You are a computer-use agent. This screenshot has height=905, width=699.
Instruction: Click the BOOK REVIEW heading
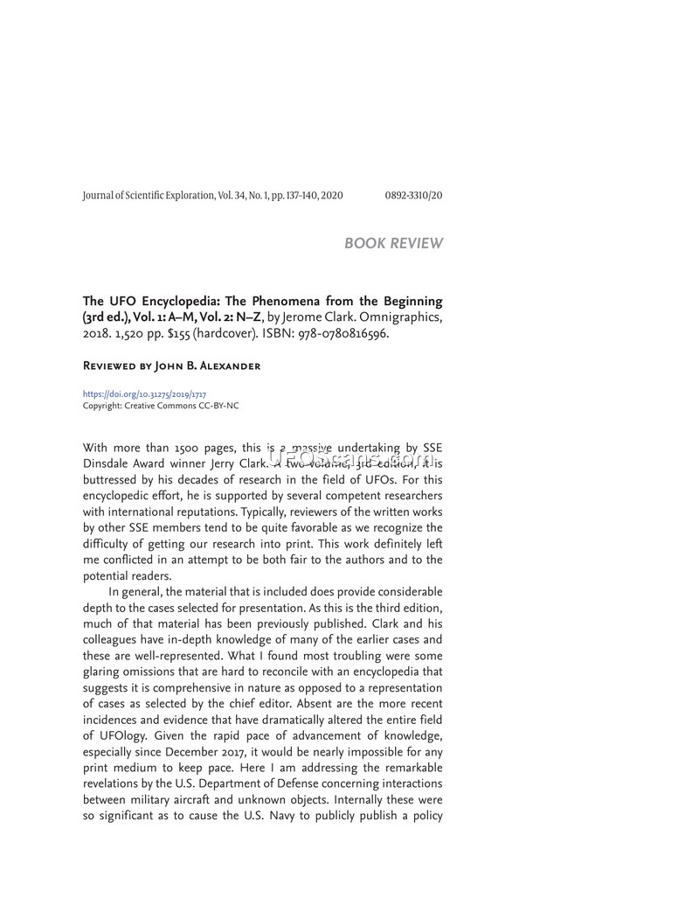393,243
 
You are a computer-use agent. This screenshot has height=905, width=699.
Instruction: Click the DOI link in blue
144,395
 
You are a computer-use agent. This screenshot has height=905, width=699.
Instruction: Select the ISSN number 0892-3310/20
413,195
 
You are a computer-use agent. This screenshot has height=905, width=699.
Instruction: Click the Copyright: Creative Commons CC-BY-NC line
161,406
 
